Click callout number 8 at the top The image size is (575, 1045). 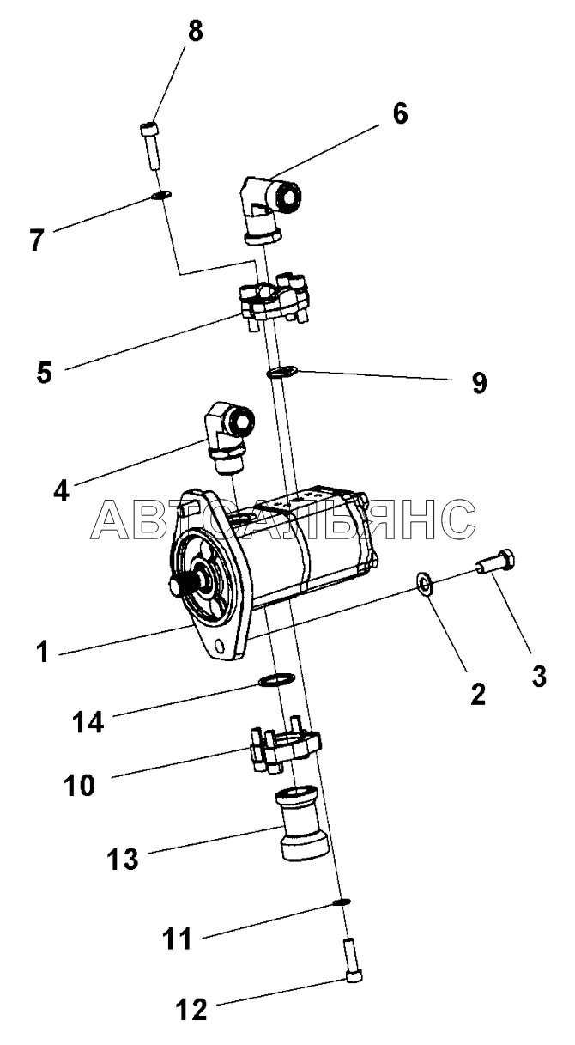(196, 32)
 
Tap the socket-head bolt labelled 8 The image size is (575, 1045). (148, 145)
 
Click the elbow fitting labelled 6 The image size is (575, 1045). (269, 209)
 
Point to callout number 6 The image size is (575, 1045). (400, 113)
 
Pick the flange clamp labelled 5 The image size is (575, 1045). (274, 303)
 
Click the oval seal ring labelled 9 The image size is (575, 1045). (281, 373)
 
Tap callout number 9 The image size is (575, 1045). (479, 383)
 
